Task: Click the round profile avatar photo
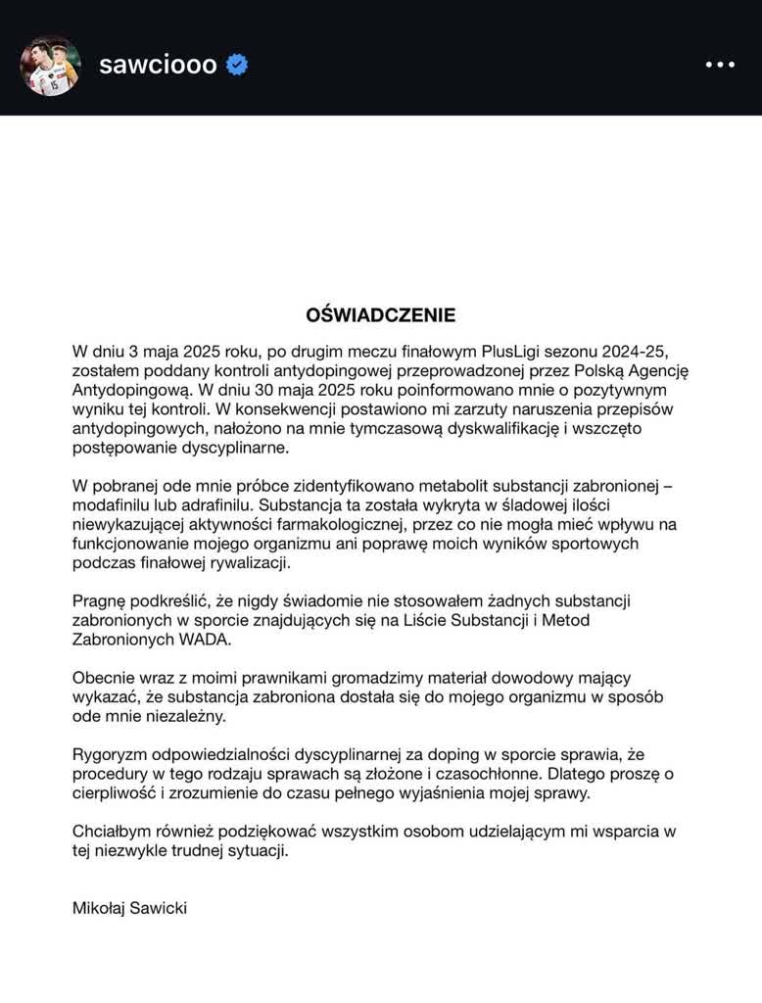pos(50,66)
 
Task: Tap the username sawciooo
pos(158,66)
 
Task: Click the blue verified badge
pos(237,66)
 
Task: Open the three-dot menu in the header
pos(720,66)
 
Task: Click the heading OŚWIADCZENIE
pos(381,315)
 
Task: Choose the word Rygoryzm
pos(109,754)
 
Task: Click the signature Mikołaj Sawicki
pos(129,908)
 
